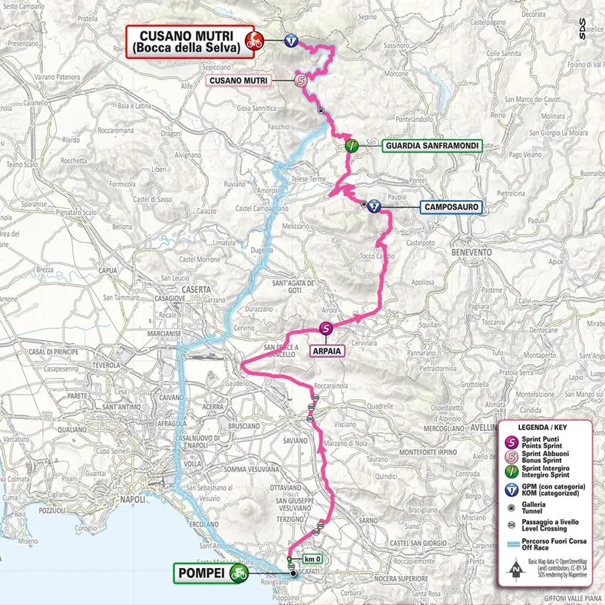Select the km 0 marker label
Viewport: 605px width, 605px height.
(x=311, y=560)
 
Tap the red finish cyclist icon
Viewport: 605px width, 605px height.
(x=252, y=41)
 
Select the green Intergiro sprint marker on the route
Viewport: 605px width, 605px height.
(x=350, y=144)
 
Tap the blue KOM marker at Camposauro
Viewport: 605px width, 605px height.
(x=373, y=206)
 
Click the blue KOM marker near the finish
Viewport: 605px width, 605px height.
(x=290, y=41)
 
